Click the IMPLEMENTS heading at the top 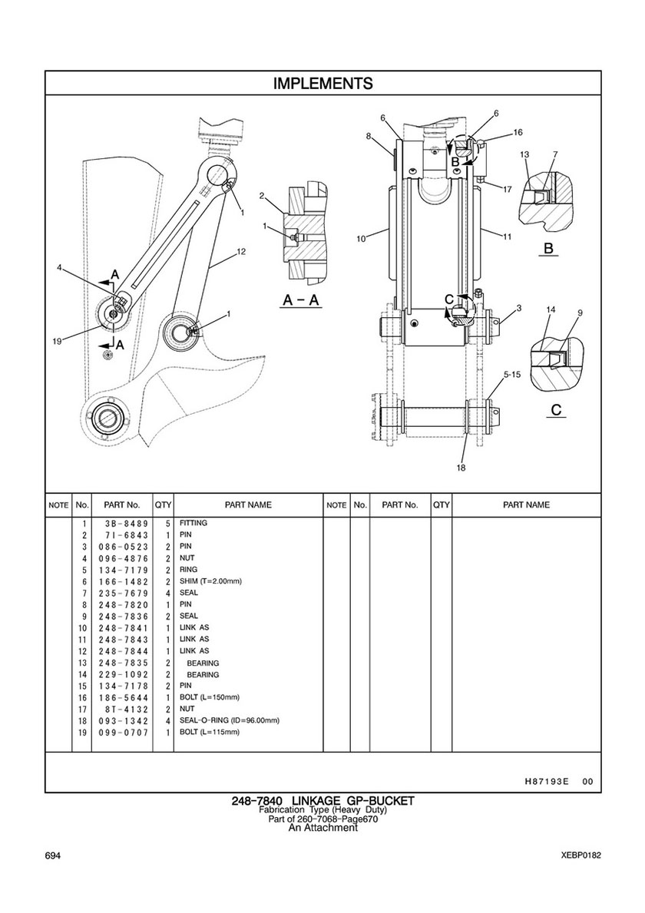click(x=323, y=83)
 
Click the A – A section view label click(x=302, y=300)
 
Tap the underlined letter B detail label click(x=547, y=249)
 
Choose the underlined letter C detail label click(x=556, y=409)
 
